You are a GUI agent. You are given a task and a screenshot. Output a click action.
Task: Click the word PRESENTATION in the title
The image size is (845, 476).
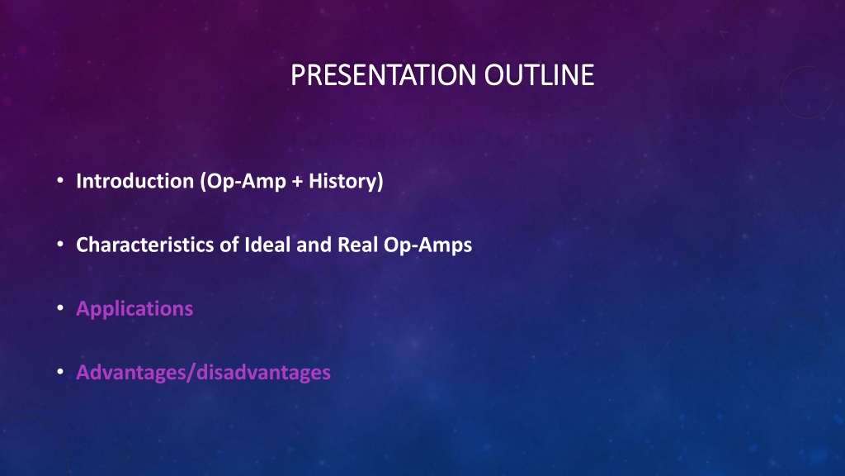(383, 75)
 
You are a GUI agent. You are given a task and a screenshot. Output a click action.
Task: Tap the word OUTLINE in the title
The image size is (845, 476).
(539, 75)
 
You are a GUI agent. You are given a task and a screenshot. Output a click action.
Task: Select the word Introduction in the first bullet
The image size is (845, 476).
(135, 181)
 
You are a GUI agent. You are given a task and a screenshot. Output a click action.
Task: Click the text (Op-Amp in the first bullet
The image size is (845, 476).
(243, 182)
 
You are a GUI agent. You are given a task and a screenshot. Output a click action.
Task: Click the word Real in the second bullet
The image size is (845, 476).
(358, 245)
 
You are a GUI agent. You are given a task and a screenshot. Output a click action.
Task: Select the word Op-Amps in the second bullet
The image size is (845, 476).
(428, 245)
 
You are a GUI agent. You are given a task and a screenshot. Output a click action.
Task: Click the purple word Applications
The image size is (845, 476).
(135, 309)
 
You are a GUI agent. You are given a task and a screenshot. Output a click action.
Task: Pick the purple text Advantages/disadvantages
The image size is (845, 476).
(204, 373)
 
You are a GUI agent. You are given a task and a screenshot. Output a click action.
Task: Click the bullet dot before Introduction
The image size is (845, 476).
(60, 181)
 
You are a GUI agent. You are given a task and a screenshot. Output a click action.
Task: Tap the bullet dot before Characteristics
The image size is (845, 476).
(60, 245)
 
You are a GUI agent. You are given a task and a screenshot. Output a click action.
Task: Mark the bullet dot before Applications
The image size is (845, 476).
(60, 308)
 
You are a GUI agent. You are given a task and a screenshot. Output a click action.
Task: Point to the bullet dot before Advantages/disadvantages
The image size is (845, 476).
(60, 372)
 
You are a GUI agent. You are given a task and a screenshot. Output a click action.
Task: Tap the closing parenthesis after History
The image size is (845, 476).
(380, 182)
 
